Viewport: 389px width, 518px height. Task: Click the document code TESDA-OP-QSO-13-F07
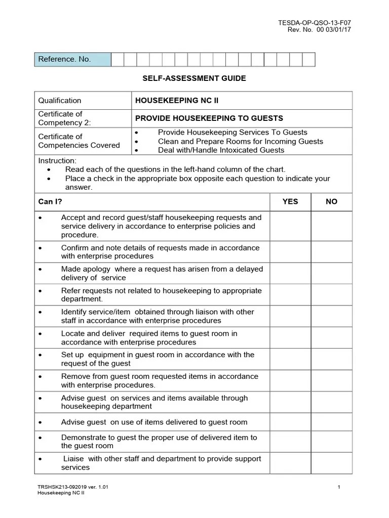[315, 22]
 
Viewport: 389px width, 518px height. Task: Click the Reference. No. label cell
[72, 59]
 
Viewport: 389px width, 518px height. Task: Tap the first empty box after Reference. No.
[118, 59]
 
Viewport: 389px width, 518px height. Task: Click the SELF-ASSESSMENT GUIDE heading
[194, 78]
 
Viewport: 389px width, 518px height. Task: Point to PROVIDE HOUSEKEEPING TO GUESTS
[209, 118]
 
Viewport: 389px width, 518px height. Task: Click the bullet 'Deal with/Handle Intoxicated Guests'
[221, 150]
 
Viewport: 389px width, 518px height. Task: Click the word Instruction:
[57, 160]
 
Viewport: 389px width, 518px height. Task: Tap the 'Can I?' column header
[50, 201]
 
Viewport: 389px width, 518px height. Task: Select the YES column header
[290, 201]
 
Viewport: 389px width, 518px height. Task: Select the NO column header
[331, 201]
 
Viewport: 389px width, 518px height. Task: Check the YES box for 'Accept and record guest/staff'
[290, 226]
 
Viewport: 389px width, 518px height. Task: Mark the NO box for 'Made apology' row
[331, 273]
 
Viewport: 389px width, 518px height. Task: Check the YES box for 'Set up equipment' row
[290, 359]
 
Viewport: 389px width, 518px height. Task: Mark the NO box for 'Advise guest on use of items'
[331, 422]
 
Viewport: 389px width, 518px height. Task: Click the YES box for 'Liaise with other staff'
[290, 463]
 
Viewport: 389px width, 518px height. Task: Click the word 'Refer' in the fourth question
[70, 291]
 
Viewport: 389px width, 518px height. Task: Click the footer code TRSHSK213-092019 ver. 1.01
[73, 487]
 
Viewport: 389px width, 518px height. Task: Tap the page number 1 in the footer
[338, 487]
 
